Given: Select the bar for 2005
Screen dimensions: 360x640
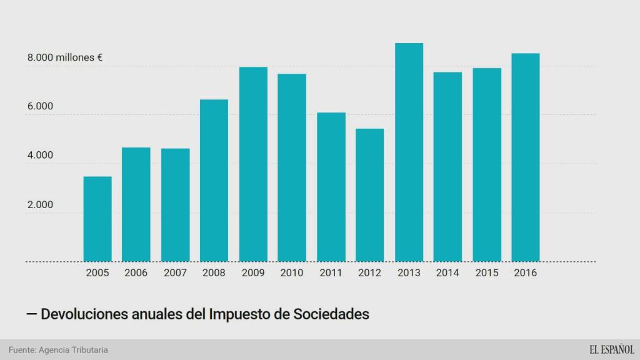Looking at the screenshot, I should point(97,219).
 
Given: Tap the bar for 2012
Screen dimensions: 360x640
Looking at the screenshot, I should point(370,195).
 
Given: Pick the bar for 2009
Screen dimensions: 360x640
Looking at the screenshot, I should point(253,164).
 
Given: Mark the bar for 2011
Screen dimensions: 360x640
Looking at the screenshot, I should point(331,187).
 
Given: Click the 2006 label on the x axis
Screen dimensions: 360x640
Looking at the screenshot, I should point(136,273).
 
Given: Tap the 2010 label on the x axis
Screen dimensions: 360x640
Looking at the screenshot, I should point(292,273).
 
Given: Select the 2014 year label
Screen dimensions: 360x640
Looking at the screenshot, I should point(447,273).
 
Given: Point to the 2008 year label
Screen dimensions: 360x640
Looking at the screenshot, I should point(214,273).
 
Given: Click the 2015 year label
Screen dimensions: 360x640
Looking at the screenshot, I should point(486,273).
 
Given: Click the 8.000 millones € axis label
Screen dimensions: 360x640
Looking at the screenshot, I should point(64,57).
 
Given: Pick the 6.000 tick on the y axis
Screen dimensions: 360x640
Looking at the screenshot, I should point(40,107).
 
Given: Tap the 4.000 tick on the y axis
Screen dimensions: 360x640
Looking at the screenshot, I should point(40,156).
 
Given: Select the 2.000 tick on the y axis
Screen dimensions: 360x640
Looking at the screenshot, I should point(40,205).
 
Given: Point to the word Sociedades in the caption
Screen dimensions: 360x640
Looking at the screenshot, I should point(331,314).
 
